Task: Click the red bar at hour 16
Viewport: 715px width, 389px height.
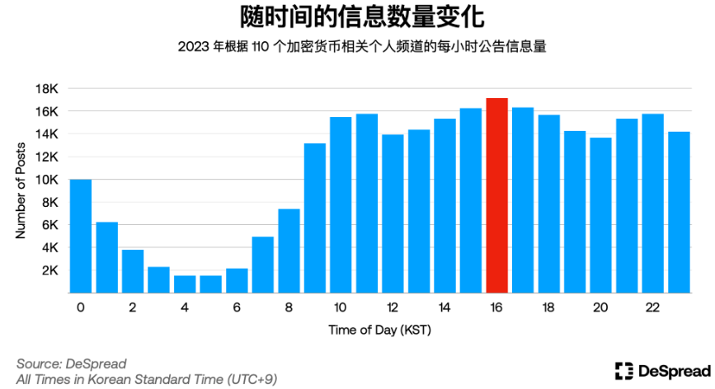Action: [x=496, y=195]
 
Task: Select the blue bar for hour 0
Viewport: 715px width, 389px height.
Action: [x=81, y=236]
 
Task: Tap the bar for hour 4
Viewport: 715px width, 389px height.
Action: [x=185, y=284]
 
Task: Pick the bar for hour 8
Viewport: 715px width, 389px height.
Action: [x=289, y=251]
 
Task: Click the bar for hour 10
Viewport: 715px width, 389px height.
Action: [x=341, y=204]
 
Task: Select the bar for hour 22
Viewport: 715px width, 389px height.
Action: [x=652, y=203]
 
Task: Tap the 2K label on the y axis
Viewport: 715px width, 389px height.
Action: [x=48, y=270]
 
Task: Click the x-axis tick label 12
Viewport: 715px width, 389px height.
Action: [x=393, y=307]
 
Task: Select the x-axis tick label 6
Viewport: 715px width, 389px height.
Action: [x=237, y=307]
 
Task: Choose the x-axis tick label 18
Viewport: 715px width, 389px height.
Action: [x=548, y=307]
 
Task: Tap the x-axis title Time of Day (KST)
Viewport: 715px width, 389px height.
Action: [x=379, y=330]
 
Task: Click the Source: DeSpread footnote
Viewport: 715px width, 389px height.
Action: [x=72, y=363]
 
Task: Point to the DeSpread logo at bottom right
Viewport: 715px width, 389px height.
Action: [x=663, y=371]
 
